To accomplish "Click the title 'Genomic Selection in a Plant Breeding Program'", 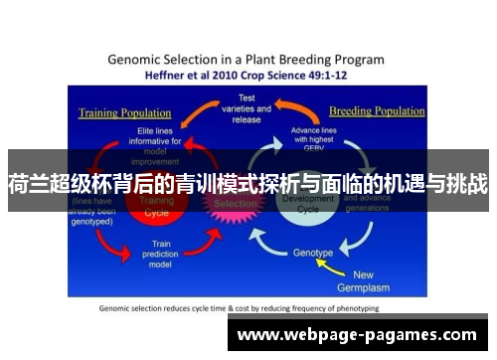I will point(247,59).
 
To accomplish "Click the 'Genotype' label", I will point(312,253).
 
